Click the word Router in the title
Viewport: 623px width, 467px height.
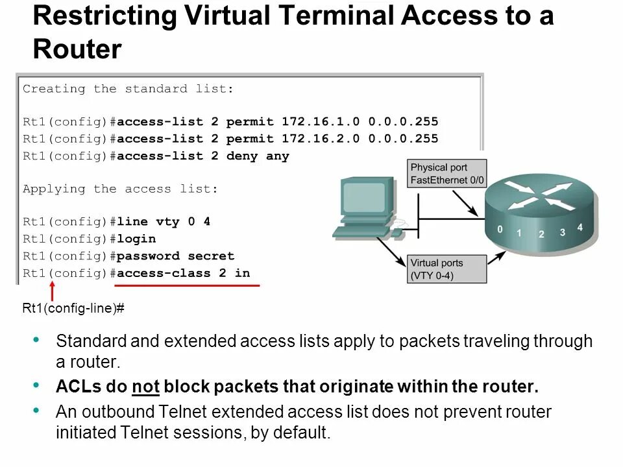(x=77, y=49)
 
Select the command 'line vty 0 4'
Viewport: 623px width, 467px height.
(x=164, y=222)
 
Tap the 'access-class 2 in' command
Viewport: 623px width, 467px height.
(x=184, y=273)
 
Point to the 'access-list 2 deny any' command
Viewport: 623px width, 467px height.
(x=203, y=156)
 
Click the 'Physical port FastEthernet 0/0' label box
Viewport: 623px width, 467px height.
(x=448, y=174)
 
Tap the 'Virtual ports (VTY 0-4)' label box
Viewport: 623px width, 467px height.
(x=447, y=269)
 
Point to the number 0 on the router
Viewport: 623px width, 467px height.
(x=500, y=229)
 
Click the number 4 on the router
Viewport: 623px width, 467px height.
(x=580, y=227)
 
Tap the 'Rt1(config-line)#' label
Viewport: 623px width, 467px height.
(x=73, y=309)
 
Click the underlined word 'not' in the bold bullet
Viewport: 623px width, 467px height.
(x=145, y=388)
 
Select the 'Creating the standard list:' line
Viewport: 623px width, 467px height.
(x=128, y=89)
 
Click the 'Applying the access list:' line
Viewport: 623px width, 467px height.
(x=121, y=189)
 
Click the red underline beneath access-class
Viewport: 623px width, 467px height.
(x=187, y=285)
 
